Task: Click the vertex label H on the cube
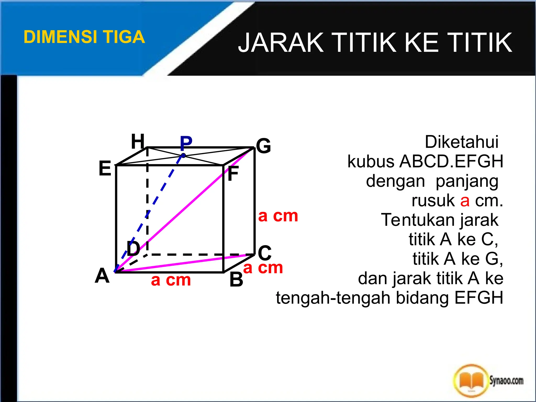[138, 141]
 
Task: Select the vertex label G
[264, 146]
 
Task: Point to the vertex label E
[105, 168]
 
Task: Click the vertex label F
[233, 174]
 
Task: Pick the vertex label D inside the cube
[133, 248]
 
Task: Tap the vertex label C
[265, 253]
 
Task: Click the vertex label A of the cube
[102, 276]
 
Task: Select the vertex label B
[236, 280]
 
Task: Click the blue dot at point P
[183, 155]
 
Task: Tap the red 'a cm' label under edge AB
[171, 280]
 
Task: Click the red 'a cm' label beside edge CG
[278, 216]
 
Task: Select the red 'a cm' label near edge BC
[263, 268]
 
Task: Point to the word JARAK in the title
[281, 42]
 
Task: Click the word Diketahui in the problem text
[461, 142]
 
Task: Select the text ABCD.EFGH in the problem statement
[451, 161]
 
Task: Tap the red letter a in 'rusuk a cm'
[465, 201]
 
